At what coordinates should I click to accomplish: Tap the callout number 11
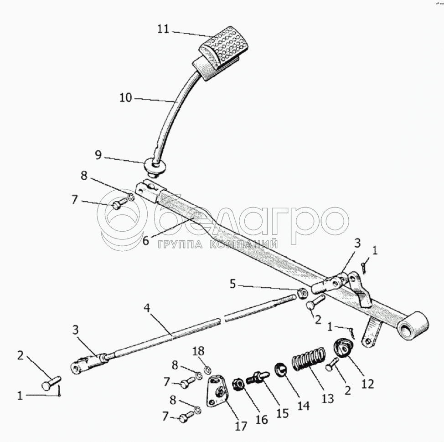click(x=163, y=29)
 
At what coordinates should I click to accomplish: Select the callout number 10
click(x=126, y=98)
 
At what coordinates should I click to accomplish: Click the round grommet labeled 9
click(x=155, y=168)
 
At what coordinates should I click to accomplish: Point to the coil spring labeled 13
click(x=309, y=359)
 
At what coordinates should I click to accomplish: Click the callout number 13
click(x=328, y=399)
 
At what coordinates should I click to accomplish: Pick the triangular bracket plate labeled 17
click(x=217, y=391)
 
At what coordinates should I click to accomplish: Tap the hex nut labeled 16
click(x=238, y=384)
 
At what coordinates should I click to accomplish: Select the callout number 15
click(x=282, y=413)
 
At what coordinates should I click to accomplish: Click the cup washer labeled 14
click(x=280, y=369)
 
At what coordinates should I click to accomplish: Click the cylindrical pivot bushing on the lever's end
click(x=413, y=326)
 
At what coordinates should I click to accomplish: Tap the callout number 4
click(x=147, y=308)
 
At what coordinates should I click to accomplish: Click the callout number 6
click(x=145, y=241)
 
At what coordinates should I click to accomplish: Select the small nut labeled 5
click(x=302, y=293)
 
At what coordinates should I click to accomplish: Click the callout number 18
click(x=198, y=351)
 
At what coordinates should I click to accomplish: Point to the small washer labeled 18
click(x=207, y=369)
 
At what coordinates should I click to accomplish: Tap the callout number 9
click(x=98, y=155)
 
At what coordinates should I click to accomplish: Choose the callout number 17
click(x=241, y=426)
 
